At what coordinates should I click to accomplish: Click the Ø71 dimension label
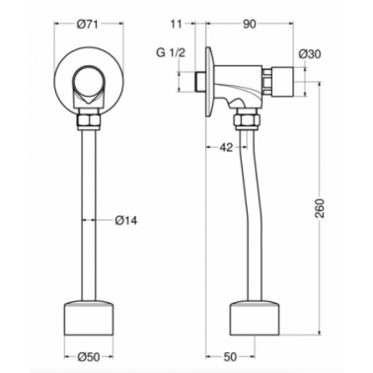pyautogui.click(x=88, y=25)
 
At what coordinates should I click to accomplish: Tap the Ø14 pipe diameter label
pyautogui.click(x=126, y=220)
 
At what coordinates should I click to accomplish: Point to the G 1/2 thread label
pyautogui.click(x=171, y=52)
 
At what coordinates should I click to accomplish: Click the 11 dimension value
pyautogui.click(x=176, y=25)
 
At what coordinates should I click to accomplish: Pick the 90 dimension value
pyautogui.click(x=250, y=25)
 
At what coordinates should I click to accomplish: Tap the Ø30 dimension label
pyautogui.click(x=310, y=54)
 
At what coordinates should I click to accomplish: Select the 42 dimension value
pyautogui.click(x=226, y=148)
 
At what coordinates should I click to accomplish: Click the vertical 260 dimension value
pyautogui.click(x=320, y=208)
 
